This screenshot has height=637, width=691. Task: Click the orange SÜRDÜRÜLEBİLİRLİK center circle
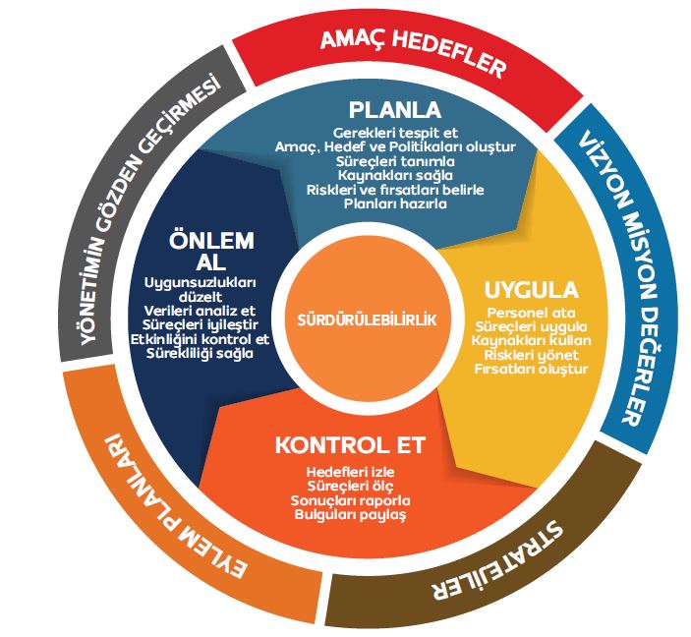coord(367,320)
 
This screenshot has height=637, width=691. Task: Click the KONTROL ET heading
coord(350,444)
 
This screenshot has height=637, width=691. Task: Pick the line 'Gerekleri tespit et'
coord(395,132)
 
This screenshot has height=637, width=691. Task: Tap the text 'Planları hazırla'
coord(395,204)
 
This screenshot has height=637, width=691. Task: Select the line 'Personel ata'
coord(531,312)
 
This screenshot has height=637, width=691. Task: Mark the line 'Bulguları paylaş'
coord(350,514)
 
